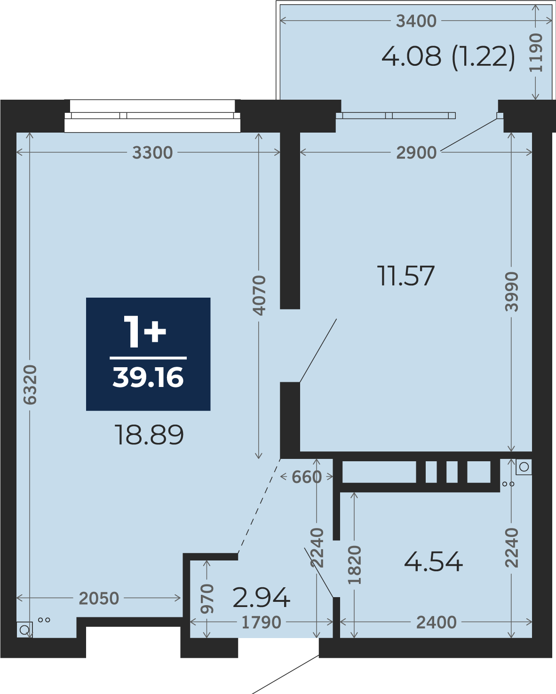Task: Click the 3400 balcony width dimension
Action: click(x=416, y=21)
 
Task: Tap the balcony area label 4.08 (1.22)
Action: click(x=448, y=57)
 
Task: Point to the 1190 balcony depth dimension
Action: click(x=536, y=53)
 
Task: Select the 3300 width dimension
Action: click(x=152, y=152)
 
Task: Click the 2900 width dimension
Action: click(x=416, y=152)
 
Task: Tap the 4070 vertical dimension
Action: click(x=259, y=295)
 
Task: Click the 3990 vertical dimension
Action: click(x=511, y=292)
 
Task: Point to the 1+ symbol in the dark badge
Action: click(x=145, y=332)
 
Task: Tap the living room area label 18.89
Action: click(x=149, y=435)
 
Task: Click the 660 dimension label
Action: click(x=307, y=477)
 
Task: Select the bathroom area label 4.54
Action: click(x=433, y=562)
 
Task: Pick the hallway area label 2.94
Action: click(x=261, y=597)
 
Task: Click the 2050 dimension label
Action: click(x=99, y=599)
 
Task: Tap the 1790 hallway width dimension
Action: click(x=262, y=622)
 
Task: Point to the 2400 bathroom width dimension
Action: click(x=436, y=622)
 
